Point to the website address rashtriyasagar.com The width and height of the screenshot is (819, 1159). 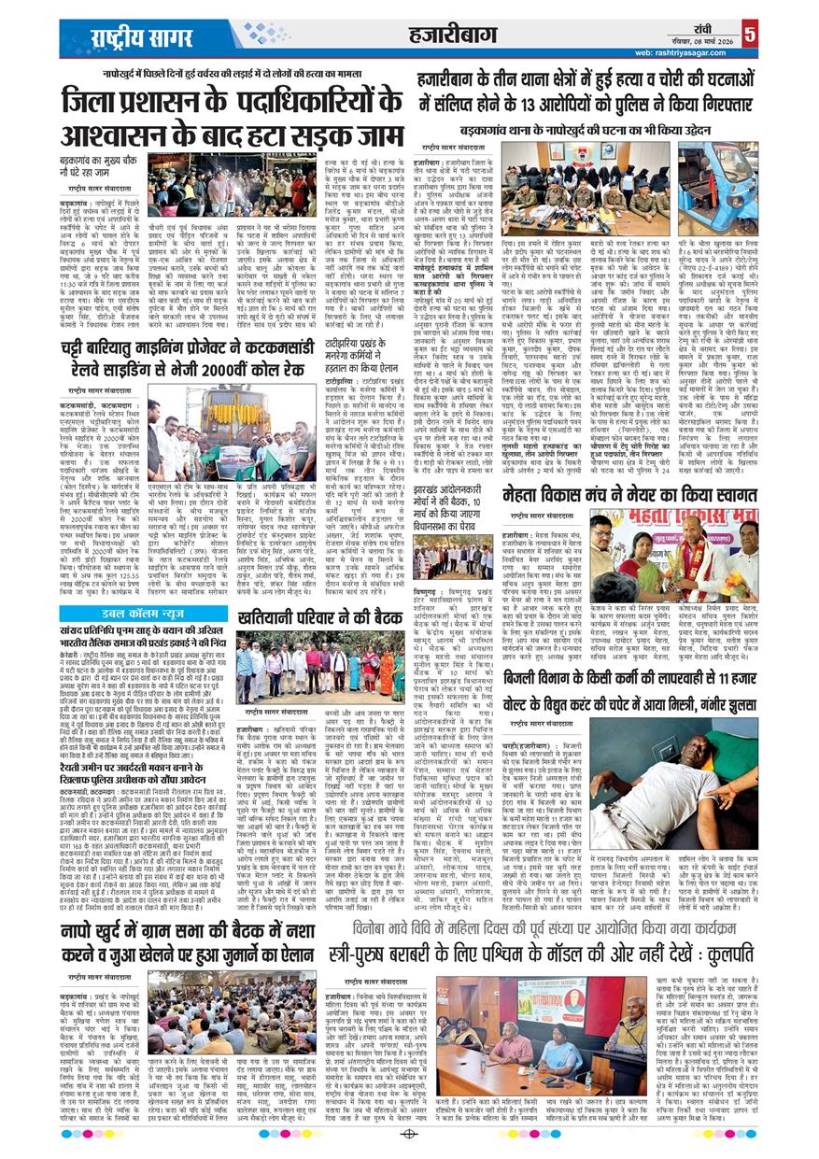coord(682,53)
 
